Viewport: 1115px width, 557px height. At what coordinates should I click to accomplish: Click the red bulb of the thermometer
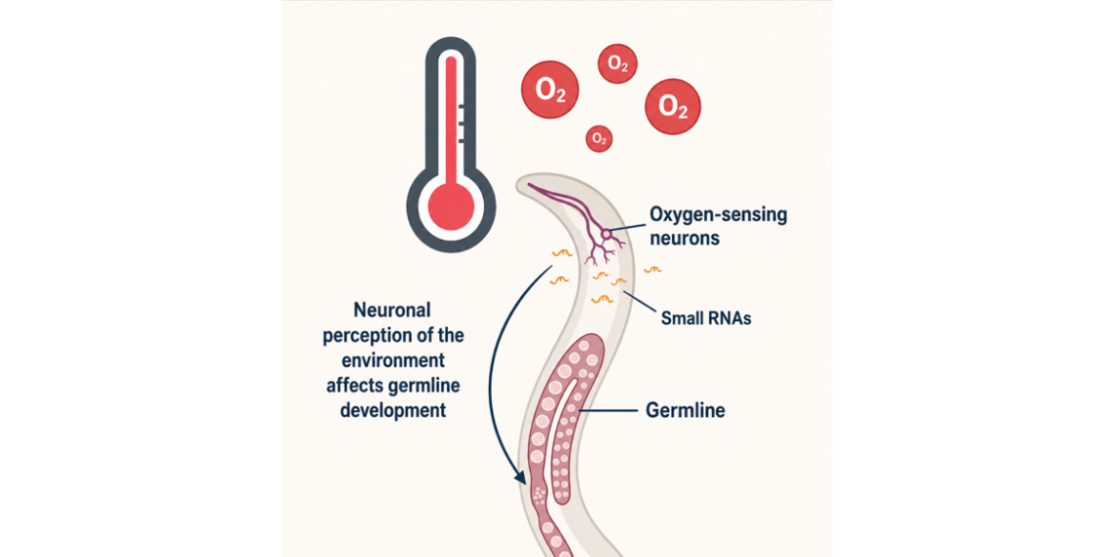pos(451,206)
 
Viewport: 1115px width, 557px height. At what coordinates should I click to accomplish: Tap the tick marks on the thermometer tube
pos(460,125)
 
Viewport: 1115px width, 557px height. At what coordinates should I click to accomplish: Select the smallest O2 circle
pos(598,138)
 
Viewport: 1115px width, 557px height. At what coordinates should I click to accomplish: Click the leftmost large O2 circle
pos(550,89)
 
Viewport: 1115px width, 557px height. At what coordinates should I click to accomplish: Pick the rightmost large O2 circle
pos(673,106)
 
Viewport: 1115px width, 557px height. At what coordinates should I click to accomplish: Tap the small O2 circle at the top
pos(618,64)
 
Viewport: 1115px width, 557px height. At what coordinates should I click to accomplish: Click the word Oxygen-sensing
pos(718,216)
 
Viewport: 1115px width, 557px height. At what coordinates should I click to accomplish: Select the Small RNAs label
pos(705,318)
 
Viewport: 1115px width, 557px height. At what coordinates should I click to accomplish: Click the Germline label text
pos(685,410)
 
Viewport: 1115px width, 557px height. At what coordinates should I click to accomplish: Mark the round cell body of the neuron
pos(606,233)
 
